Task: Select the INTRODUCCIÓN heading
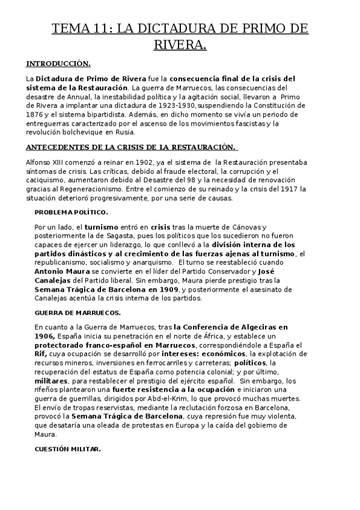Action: pos(58,63)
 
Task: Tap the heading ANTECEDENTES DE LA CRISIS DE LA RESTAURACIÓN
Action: pos(130,146)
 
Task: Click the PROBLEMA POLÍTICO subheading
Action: pos(71,212)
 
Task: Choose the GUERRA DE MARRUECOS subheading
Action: pos(78,312)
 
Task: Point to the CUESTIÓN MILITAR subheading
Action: pos(67,449)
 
